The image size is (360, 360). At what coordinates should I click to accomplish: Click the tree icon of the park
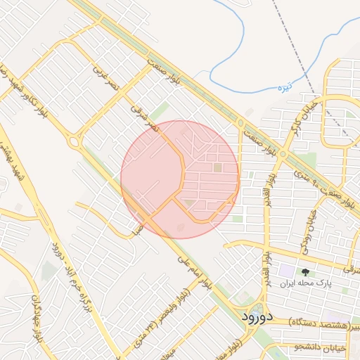[x=304, y=272]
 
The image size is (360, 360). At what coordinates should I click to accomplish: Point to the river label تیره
[x=283, y=87]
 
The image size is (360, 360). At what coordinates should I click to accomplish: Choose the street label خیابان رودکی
[x=308, y=231]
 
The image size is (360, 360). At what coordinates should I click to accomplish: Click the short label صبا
[x=140, y=229]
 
